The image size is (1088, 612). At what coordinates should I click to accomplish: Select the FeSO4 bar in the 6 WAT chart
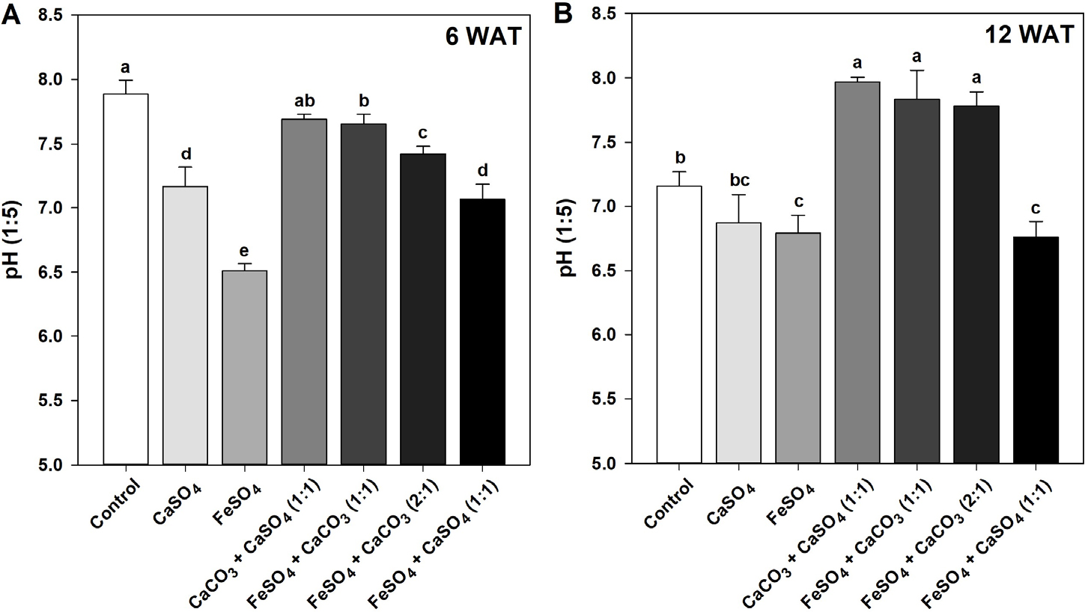click(x=244, y=367)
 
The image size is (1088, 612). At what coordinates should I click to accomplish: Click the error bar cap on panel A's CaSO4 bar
click(x=185, y=167)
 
